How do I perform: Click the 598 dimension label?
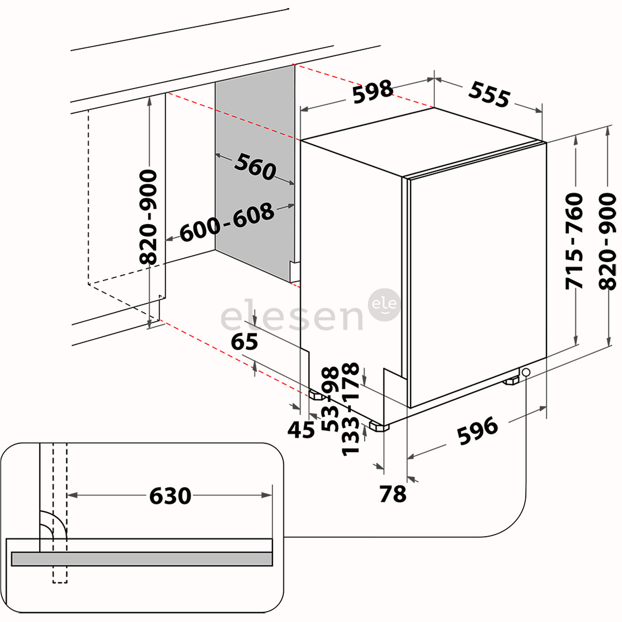(373, 92)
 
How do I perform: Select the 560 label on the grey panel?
(255, 167)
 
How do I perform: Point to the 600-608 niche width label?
(227, 223)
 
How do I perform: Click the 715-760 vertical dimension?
(574, 241)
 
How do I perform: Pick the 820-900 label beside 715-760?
(608, 241)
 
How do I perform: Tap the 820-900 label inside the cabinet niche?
(149, 217)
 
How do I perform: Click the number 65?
(244, 342)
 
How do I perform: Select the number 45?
(302, 429)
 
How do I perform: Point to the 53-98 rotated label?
(330, 399)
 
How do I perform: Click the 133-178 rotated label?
(351, 409)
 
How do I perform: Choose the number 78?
(393, 494)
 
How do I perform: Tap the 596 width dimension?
(477, 431)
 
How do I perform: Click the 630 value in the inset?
(170, 495)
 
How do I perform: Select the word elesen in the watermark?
(291, 317)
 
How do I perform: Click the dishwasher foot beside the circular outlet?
(511, 381)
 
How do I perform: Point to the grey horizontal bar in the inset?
(142, 559)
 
